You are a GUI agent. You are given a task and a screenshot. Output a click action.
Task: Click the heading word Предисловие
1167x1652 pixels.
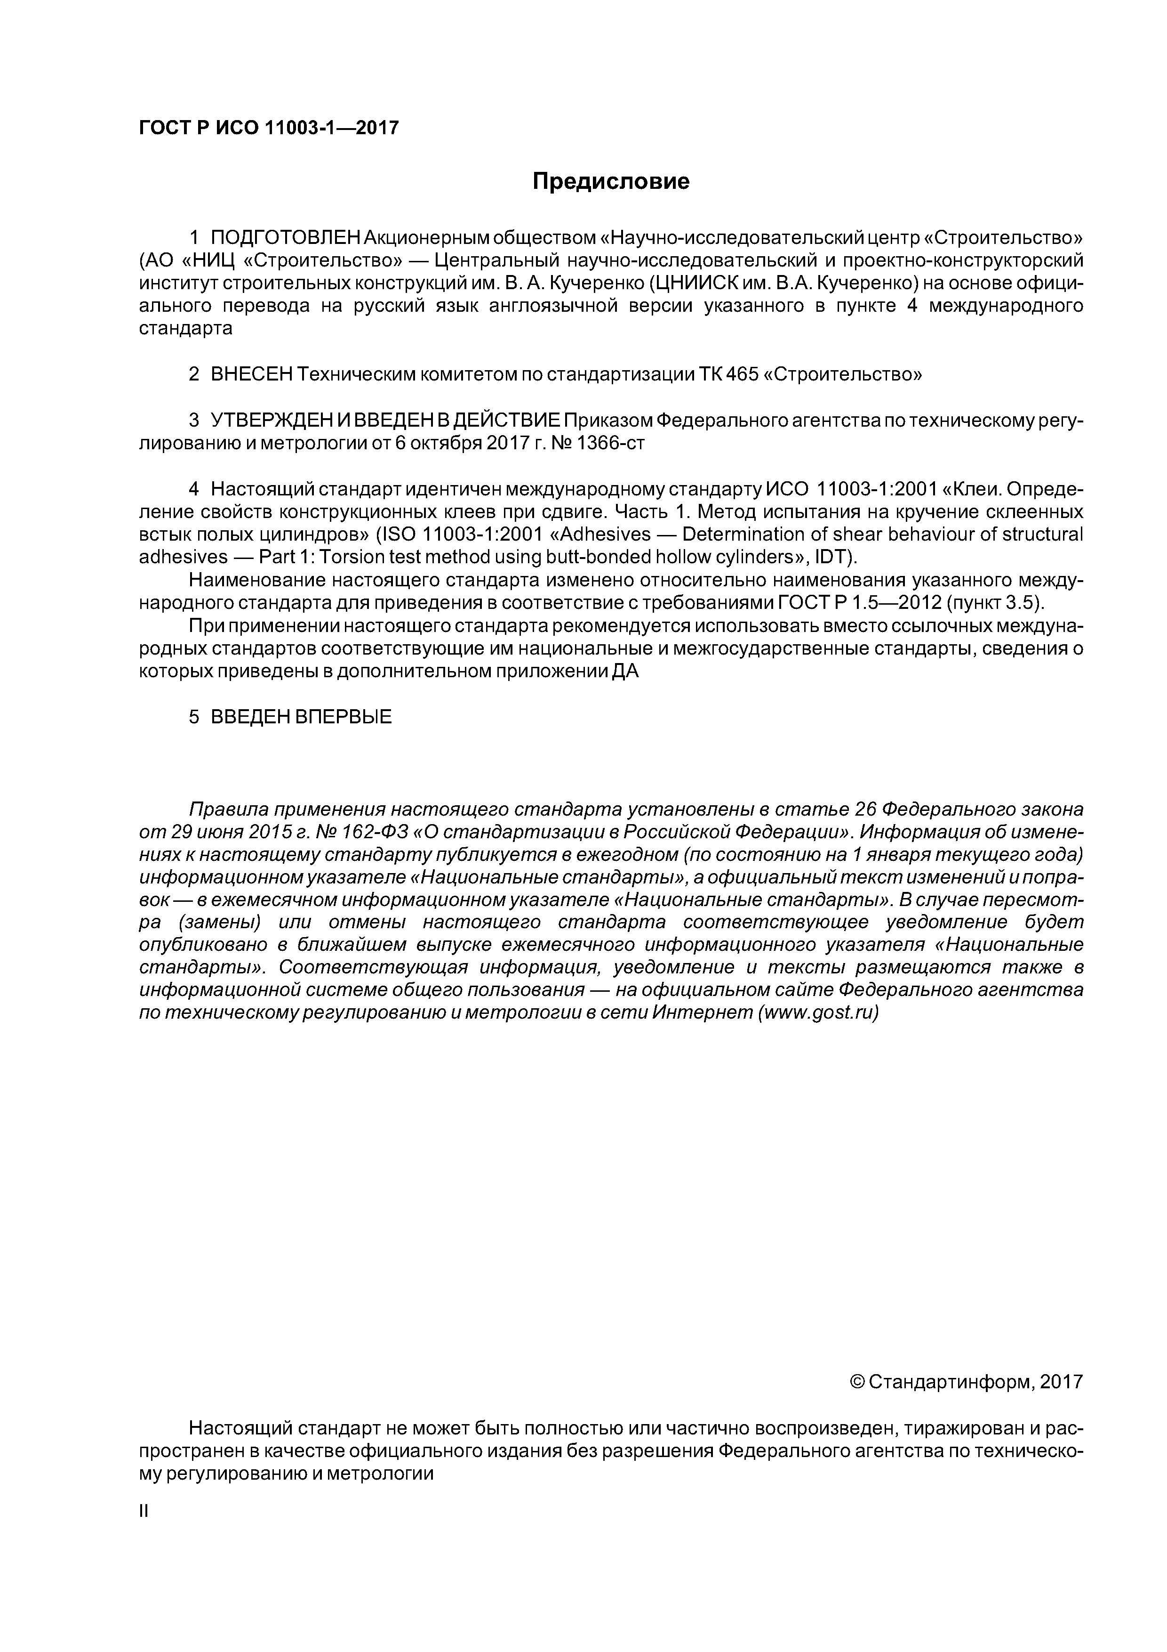click(x=610, y=181)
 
